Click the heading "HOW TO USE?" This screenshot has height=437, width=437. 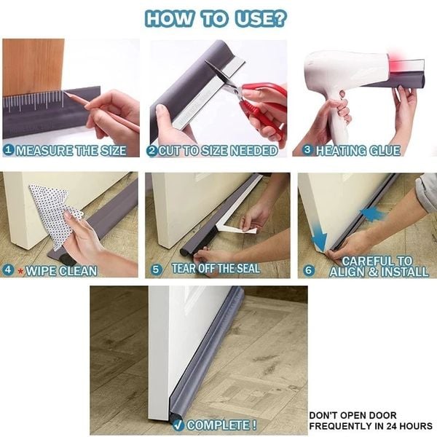click(219, 18)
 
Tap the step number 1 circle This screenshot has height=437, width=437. click(8, 151)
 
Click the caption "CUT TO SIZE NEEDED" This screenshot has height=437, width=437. click(218, 151)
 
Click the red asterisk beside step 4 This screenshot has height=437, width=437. click(20, 270)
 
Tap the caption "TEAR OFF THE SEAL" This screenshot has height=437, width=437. click(216, 269)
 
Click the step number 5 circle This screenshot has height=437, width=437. click(156, 269)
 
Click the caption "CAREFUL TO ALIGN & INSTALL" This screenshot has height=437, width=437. click(376, 266)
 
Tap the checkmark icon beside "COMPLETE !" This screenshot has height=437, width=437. click(177, 425)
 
